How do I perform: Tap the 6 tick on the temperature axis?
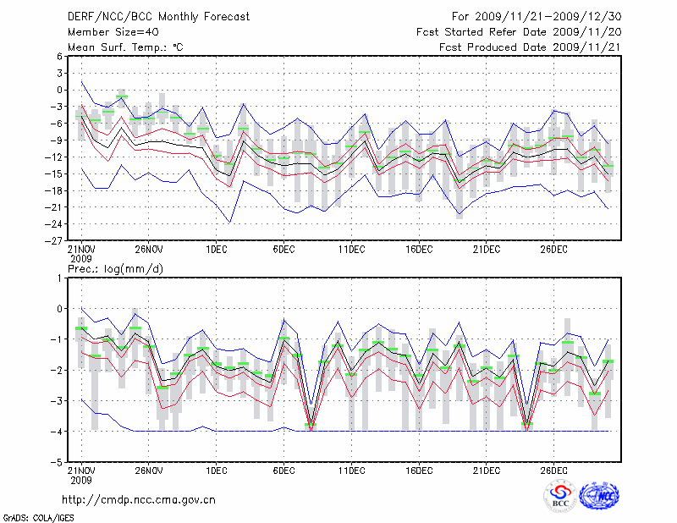60,57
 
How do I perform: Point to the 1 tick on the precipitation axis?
62,278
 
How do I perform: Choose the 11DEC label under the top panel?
351,249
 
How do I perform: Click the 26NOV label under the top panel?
148,249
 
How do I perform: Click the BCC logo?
560,497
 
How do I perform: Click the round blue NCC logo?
598,497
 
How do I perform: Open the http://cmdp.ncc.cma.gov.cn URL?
139,499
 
